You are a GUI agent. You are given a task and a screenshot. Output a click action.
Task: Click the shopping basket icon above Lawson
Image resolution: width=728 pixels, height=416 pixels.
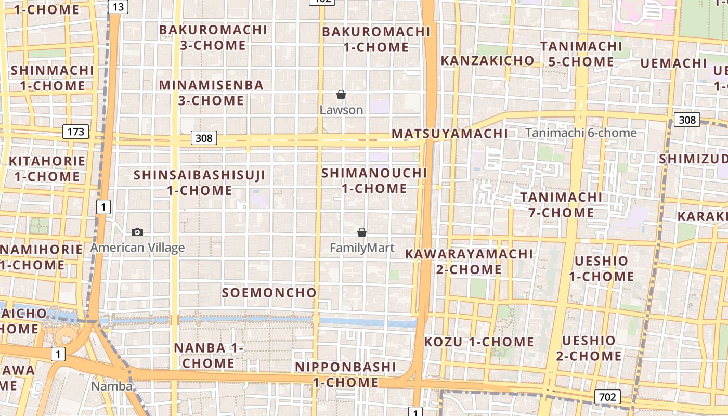[341, 95]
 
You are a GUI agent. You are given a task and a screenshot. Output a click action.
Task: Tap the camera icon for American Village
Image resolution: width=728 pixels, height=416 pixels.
[137, 232]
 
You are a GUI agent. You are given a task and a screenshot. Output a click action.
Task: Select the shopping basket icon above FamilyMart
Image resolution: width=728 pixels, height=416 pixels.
[362, 232]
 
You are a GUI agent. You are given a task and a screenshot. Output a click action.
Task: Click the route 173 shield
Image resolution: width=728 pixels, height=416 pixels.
[75, 132]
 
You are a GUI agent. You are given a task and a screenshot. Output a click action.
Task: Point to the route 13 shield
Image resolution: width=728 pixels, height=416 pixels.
[118, 7]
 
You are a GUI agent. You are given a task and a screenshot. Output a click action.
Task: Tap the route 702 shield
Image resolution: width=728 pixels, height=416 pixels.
[607, 397]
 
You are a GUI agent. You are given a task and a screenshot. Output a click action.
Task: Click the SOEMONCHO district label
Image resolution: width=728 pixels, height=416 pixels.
[269, 293]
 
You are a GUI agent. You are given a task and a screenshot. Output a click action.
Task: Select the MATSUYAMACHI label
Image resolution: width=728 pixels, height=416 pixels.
[450, 134]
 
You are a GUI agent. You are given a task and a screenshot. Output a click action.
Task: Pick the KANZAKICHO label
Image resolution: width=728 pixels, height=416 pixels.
[487, 61]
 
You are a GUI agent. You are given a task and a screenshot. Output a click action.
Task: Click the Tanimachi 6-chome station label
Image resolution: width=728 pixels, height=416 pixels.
[581, 133]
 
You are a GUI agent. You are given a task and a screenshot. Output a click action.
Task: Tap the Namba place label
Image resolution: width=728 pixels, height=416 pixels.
[111, 386]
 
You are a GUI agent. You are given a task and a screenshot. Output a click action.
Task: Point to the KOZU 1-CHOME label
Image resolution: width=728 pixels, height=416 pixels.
[479, 342]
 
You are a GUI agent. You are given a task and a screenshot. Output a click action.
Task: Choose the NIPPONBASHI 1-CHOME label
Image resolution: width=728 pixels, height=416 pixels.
[345, 374]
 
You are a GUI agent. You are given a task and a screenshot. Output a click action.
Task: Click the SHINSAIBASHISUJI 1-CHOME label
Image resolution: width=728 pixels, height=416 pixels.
[200, 183]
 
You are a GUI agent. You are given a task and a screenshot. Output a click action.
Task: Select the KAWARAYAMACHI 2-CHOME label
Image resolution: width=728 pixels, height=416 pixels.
[469, 262]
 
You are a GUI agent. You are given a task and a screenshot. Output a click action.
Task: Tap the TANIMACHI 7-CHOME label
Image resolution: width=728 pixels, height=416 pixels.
[561, 205]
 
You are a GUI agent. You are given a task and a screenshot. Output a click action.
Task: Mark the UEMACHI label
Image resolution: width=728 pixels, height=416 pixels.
[673, 63]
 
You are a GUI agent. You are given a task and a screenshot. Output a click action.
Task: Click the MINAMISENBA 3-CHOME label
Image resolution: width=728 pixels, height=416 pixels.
[211, 93]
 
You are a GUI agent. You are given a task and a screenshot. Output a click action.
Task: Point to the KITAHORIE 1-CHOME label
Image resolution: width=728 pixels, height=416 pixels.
[47, 168]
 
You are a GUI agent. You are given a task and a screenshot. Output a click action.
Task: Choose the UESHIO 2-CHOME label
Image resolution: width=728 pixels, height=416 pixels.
[589, 348]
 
